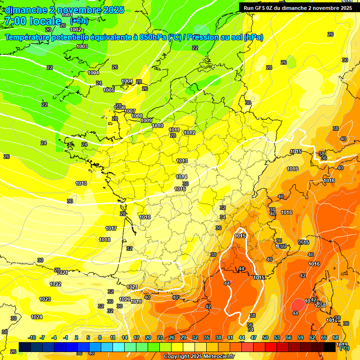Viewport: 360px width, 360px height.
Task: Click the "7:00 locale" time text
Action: coord(32,21)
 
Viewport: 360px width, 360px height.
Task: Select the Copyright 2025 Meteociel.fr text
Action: coord(199,357)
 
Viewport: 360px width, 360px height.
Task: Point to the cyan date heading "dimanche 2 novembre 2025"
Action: coord(65,10)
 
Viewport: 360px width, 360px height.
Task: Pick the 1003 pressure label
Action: coord(82,46)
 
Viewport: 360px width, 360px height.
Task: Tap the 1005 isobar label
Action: coord(109,90)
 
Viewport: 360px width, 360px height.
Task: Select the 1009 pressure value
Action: coord(146,120)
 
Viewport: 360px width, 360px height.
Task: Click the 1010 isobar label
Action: coord(157,126)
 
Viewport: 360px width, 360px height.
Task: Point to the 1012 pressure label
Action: coord(189,133)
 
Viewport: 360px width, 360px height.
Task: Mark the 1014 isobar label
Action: coord(182,177)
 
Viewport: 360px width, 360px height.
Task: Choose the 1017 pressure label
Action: coord(111,228)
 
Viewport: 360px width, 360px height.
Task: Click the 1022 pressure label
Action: coord(55,284)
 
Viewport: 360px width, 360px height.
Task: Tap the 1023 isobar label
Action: coord(45,299)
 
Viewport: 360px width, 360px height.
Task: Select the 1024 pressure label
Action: coord(37,317)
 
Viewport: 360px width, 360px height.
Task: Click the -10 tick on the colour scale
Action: coord(32,337)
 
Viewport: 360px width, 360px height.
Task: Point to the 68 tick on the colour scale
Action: coord(336,337)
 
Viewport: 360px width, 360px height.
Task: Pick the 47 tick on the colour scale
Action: coord(254,337)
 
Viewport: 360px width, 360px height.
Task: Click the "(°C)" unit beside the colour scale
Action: coord(344,348)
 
